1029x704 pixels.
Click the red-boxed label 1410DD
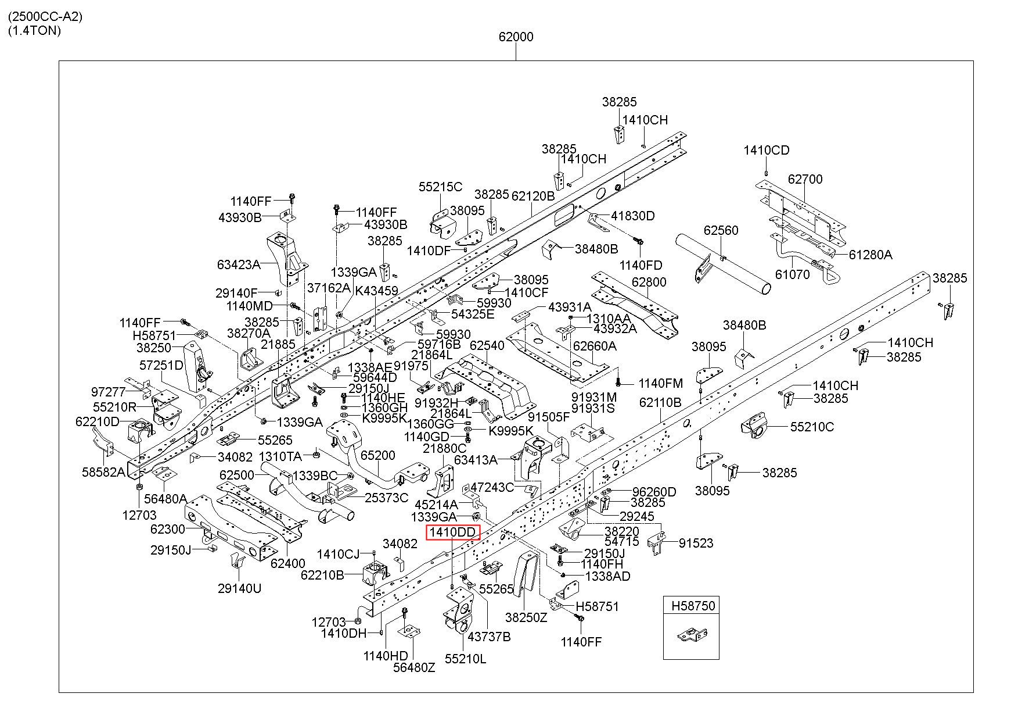[x=454, y=532]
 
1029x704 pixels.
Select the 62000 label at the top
[x=516, y=37]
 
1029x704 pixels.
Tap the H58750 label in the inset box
[x=693, y=606]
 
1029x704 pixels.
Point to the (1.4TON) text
[x=34, y=30]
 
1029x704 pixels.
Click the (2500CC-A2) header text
[x=45, y=16]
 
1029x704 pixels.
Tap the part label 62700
[x=805, y=179]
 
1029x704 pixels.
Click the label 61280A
[x=870, y=254]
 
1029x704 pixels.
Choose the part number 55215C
[x=440, y=187]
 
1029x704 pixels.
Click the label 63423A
[x=239, y=265]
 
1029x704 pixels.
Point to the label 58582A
[x=103, y=472]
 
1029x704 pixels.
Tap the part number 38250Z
[x=526, y=617]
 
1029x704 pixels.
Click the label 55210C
[x=812, y=427]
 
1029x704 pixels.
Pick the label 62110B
[x=660, y=402]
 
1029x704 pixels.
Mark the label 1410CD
[x=767, y=151]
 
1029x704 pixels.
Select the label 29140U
[x=239, y=588]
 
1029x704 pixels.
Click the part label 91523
[x=696, y=543]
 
